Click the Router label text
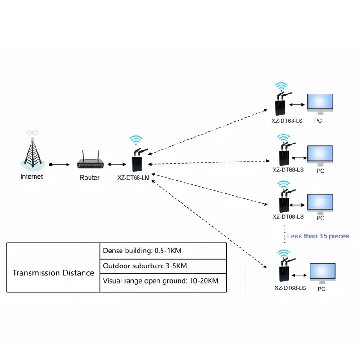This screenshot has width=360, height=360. pyautogui.click(x=90, y=178)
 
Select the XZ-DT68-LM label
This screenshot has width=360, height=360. pyautogui.click(x=133, y=178)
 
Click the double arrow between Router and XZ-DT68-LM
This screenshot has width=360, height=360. pyautogui.click(x=115, y=165)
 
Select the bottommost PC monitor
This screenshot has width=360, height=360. pyautogui.click(x=322, y=274)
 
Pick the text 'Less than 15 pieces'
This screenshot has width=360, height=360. pyautogui.click(x=318, y=236)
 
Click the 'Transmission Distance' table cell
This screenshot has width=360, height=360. pyautogui.click(x=54, y=273)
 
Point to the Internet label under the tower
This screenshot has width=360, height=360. pyautogui.click(x=32, y=177)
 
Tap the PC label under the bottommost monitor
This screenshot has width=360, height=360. pyautogui.click(x=321, y=289)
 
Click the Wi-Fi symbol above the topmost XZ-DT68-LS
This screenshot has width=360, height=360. pyautogui.click(x=282, y=86)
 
